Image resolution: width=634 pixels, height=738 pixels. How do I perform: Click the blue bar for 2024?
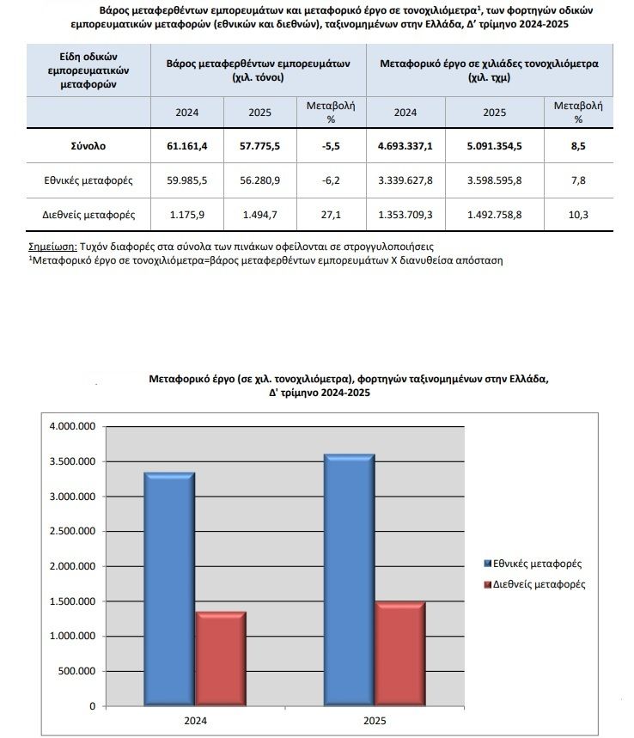click(169, 589)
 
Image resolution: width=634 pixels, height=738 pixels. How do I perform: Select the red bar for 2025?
click(400, 654)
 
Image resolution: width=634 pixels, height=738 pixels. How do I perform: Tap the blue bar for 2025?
click(350, 580)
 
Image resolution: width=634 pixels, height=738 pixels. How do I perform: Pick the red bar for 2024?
click(221, 659)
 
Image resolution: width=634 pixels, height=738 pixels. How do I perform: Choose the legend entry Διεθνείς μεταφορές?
click(534, 584)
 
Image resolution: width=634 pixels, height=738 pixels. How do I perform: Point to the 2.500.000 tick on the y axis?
click(72, 531)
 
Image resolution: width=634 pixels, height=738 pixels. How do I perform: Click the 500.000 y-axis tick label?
click(76, 671)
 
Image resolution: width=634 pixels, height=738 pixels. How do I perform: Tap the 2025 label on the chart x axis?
click(375, 721)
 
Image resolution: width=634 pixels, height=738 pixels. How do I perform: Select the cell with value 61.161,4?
click(187, 146)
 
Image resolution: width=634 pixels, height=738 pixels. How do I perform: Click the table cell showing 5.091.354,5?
click(494, 146)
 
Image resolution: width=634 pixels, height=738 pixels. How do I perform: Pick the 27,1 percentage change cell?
click(331, 215)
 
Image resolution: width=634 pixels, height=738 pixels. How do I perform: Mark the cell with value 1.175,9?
click(187, 215)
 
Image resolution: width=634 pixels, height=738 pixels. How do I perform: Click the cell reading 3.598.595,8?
click(494, 180)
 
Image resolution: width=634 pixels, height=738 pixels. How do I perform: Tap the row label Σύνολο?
click(88, 146)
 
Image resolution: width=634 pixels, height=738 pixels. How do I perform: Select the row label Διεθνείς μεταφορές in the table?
click(88, 215)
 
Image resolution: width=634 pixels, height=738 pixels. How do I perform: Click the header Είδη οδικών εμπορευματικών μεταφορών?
click(88, 70)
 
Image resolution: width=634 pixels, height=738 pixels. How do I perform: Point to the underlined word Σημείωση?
click(52, 247)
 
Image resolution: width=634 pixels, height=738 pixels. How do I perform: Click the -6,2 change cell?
click(331, 180)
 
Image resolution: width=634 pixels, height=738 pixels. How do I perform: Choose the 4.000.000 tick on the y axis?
click(72, 426)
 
